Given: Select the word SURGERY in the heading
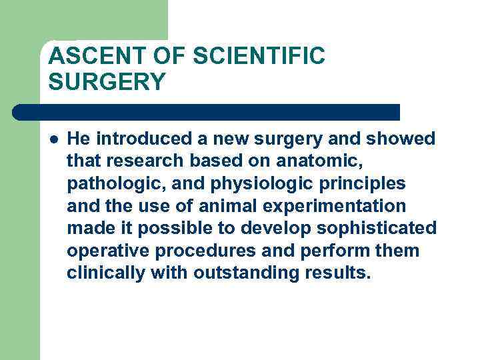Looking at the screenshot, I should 107,83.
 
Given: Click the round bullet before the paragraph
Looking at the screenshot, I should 53,139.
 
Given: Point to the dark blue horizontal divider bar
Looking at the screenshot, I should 207,111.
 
